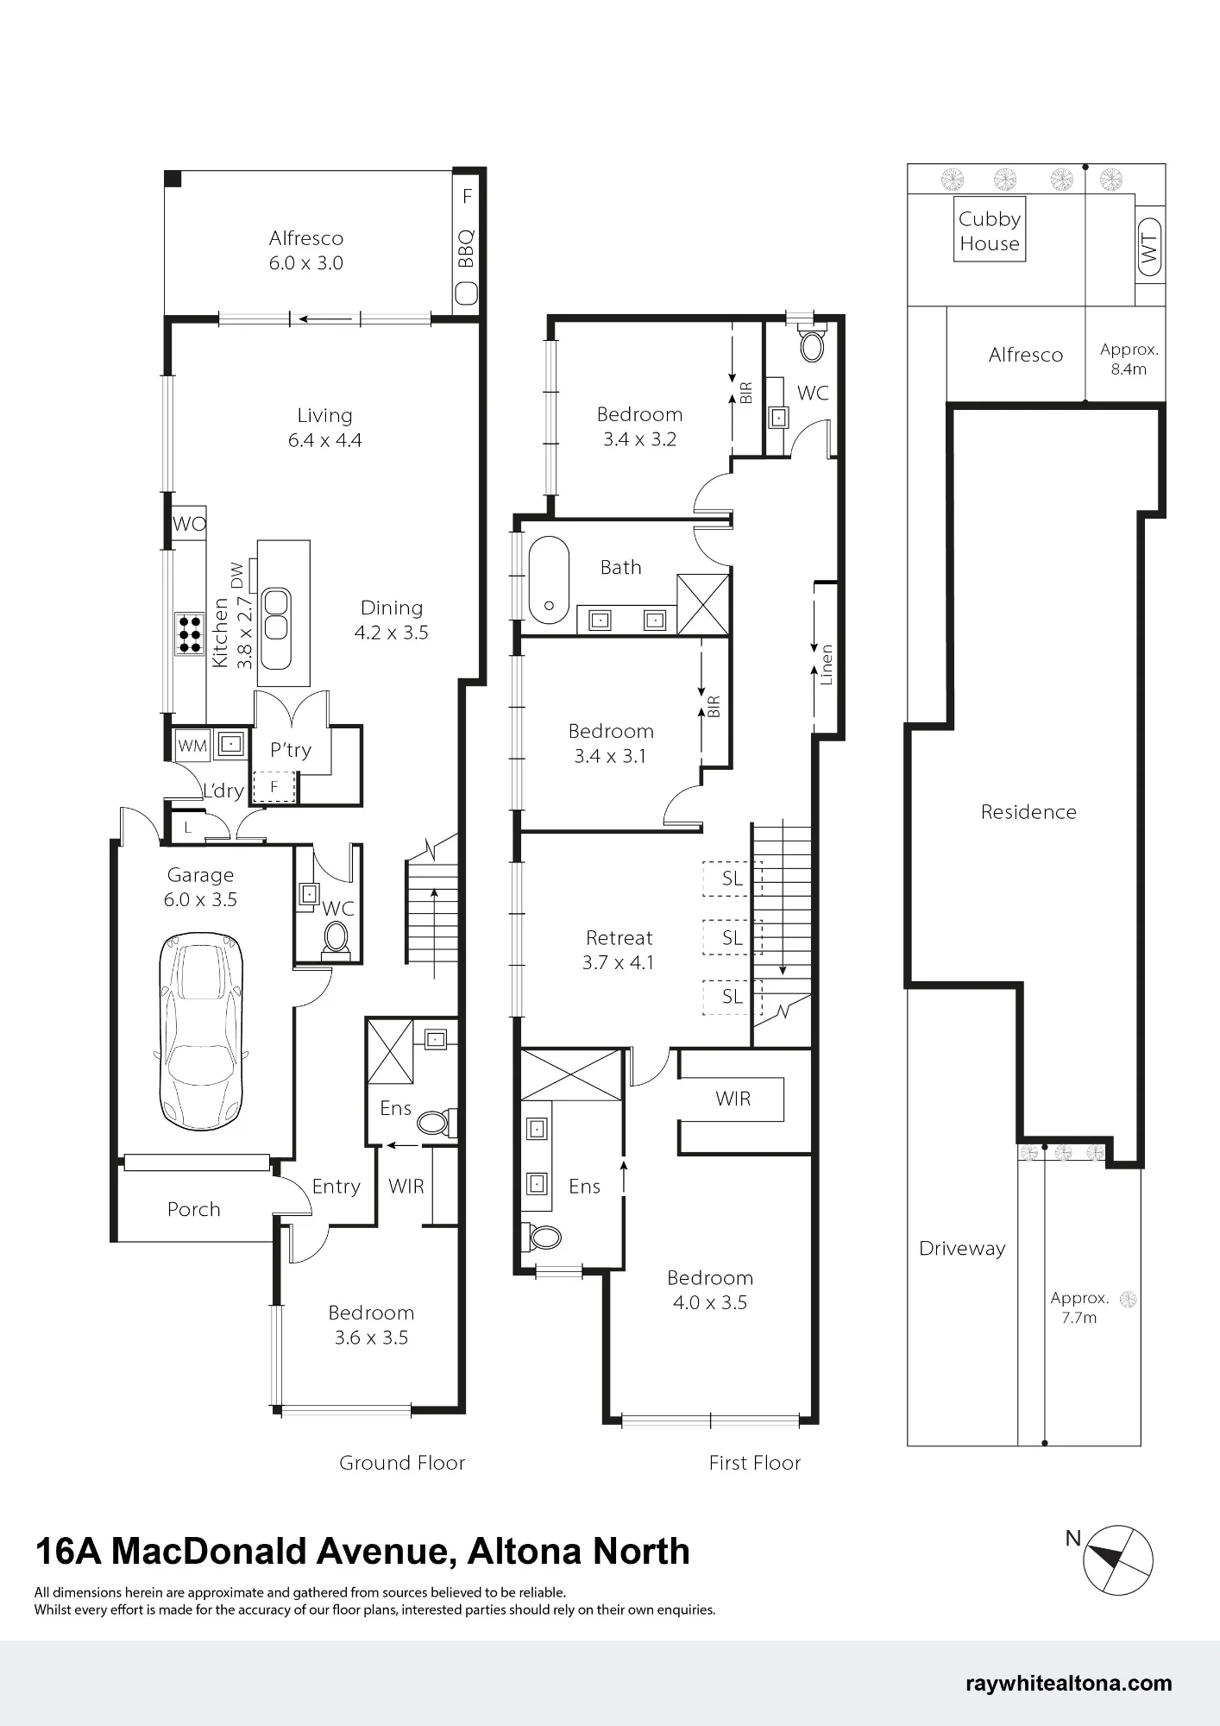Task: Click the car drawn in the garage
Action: (x=201, y=1030)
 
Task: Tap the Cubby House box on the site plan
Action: (x=990, y=230)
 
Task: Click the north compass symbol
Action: (x=1118, y=1559)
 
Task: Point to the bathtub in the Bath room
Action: (x=549, y=579)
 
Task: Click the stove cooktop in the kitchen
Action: (x=190, y=633)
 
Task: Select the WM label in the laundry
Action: (x=192, y=745)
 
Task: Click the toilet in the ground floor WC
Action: (x=336, y=938)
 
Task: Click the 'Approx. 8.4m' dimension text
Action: (x=1129, y=359)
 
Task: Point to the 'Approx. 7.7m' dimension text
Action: (x=1079, y=1307)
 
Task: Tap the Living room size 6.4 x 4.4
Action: (x=324, y=440)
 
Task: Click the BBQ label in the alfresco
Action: (x=466, y=248)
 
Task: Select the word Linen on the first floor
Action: (x=827, y=665)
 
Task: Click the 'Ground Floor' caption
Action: (x=402, y=1463)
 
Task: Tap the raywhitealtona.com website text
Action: (x=1069, y=1683)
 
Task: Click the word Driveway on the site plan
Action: (x=962, y=1249)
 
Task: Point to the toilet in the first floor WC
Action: (x=812, y=343)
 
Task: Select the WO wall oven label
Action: (x=189, y=524)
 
